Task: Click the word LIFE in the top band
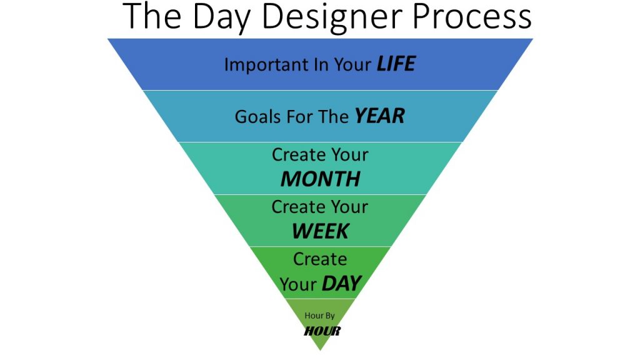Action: pos(396,64)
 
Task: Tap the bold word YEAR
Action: pos(379,116)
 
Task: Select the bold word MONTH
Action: pos(321,179)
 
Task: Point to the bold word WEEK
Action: pos(321,231)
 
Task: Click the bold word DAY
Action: pos(342,283)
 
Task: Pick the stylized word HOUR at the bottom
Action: pos(322,331)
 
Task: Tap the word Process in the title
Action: pos(472,17)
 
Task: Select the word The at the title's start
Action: pos(151,16)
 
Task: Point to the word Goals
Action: pos(258,117)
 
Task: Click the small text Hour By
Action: pos(319,316)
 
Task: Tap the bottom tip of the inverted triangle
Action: pos(321,350)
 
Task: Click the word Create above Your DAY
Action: pos(320,259)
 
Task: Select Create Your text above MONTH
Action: pos(320,155)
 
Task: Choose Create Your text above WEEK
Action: pos(320,207)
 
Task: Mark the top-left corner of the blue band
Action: pos(107,39)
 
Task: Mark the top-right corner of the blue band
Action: pos(533,39)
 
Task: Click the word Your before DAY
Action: pos(298,284)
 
